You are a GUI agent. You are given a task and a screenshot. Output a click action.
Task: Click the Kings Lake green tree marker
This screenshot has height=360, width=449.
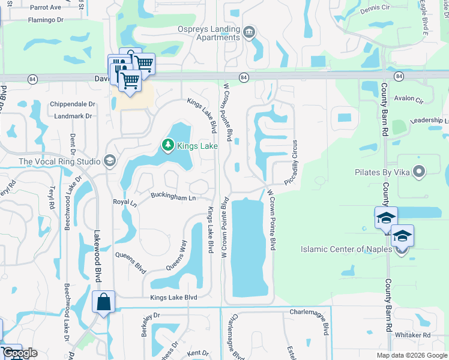[168, 145]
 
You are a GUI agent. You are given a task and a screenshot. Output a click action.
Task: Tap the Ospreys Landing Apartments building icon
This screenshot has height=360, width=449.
[249, 31]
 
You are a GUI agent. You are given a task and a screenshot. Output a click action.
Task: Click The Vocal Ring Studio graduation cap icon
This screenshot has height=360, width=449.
[109, 160]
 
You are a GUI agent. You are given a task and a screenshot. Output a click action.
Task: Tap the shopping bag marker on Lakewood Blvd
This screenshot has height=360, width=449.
[103, 303]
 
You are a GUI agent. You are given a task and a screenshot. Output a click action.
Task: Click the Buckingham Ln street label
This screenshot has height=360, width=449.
[173, 197]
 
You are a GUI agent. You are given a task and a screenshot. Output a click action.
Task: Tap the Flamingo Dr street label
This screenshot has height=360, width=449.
[44, 20]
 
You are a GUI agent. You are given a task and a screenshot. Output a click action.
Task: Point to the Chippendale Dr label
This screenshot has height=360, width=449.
[73, 104]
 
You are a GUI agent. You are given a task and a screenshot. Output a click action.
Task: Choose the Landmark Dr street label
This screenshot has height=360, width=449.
[71, 116]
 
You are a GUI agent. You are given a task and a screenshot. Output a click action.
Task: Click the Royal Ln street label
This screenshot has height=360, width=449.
[125, 202]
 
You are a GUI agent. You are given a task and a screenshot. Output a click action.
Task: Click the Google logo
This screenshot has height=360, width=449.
[19, 353]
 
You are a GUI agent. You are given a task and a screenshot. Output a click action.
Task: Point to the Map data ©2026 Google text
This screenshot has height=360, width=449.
[411, 355]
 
